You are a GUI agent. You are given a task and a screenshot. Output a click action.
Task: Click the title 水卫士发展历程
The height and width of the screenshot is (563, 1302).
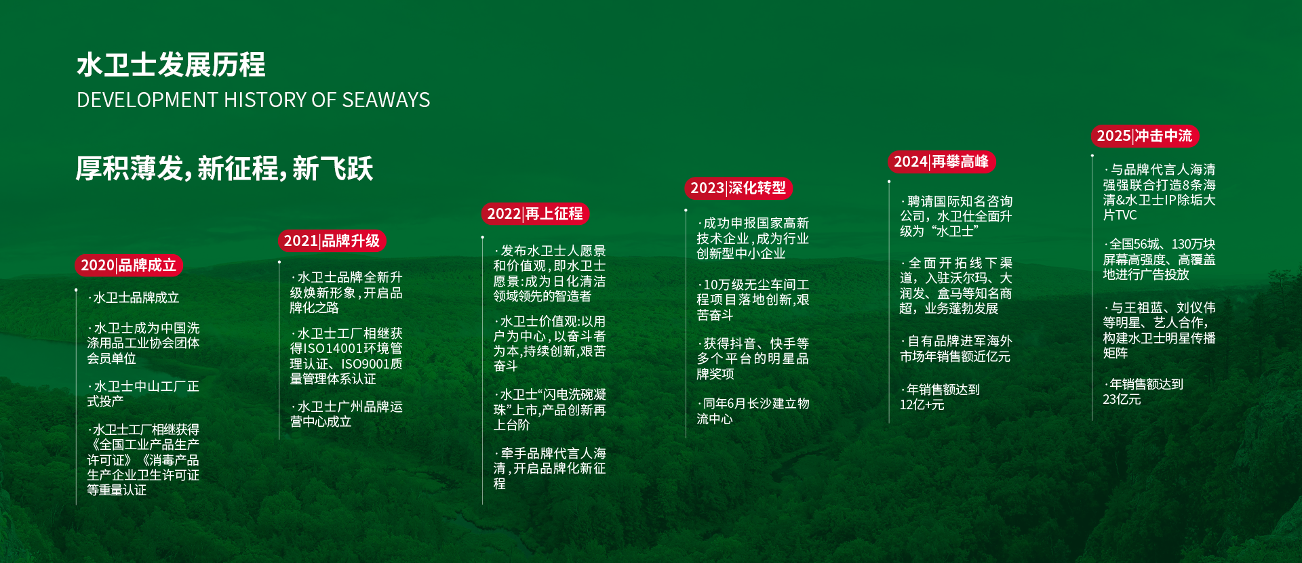(171, 65)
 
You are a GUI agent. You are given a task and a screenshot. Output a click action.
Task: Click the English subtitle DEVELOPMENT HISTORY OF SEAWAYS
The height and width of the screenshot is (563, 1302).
(254, 100)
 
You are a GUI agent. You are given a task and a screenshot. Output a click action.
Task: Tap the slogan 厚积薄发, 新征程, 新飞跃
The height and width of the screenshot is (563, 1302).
(224, 168)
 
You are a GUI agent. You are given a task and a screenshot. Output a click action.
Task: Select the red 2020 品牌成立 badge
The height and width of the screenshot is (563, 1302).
(129, 265)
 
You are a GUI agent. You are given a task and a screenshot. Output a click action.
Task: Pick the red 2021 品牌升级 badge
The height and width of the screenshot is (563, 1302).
(332, 241)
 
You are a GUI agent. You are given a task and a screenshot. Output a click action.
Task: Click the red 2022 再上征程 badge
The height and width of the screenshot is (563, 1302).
(535, 213)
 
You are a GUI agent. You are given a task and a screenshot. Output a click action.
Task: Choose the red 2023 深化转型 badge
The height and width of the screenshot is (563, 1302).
(738, 188)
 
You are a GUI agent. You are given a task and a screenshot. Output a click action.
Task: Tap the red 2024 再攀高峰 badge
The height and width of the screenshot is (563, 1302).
(941, 161)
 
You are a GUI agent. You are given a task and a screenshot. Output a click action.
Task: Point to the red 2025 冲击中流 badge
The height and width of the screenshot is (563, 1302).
(1145, 135)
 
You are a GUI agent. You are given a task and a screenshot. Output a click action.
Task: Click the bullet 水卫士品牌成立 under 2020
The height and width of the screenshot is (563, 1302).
(134, 297)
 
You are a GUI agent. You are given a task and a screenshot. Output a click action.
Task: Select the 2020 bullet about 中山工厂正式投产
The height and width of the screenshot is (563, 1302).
(143, 394)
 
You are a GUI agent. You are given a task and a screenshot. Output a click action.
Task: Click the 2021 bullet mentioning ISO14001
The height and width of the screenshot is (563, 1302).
(347, 356)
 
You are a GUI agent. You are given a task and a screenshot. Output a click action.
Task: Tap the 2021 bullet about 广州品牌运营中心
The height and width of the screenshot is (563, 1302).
(347, 414)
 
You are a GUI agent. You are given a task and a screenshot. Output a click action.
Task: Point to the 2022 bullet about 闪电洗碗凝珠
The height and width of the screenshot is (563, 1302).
(550, 409)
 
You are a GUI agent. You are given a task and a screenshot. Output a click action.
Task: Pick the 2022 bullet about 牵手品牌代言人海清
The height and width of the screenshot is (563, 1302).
(550, 468)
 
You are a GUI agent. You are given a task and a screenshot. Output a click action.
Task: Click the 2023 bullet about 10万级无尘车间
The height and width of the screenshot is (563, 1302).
(753, 299)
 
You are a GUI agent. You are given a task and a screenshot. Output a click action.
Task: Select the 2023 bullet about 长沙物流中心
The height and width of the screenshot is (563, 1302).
(753, 411)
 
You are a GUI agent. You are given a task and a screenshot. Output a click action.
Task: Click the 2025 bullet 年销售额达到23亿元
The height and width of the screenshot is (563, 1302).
(1143, 392)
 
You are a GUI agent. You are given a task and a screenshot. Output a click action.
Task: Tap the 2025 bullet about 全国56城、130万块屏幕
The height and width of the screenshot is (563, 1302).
(1160, 259)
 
